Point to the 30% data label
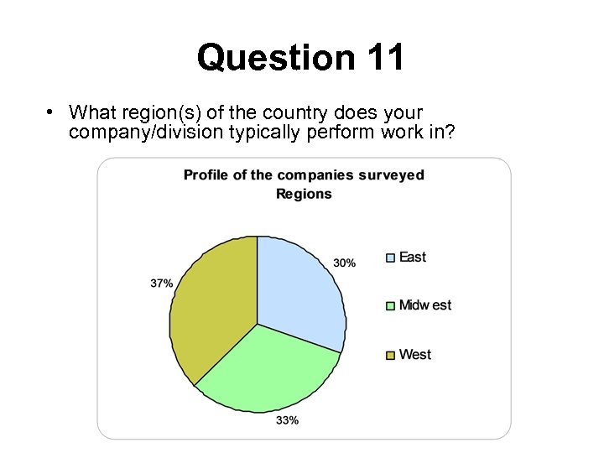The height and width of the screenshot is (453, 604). point(344,263)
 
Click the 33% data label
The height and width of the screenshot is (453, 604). point(287,420)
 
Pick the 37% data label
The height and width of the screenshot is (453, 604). point(162,284)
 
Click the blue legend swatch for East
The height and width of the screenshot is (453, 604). point(390,258)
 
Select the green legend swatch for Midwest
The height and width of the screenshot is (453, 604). point(390,305)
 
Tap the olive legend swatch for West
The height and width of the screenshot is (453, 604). point(390,355)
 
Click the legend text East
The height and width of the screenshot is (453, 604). point(413,258)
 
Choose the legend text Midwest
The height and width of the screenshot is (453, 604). point(425,305)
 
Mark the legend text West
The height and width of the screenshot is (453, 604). point(415,355)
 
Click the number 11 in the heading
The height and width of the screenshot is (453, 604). point(385,58)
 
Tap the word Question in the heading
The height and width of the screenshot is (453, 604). point(276,58)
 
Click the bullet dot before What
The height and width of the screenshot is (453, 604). point(51,112)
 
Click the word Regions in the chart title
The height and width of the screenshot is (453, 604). point(304,194)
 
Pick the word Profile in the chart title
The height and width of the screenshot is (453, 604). point(206,175)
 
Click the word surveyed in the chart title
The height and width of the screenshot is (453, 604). point(392,175)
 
